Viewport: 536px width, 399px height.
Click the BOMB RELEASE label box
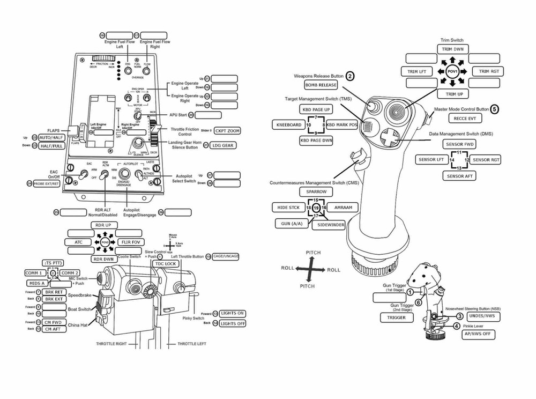click(x=321, y=85)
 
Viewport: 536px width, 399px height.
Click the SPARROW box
click(x=316, y=191)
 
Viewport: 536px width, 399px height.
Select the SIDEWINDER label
click(x=328, y=225)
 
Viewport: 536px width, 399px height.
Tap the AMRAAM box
click(x=343, y=207)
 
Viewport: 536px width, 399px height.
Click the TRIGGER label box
click(x=397, y=317)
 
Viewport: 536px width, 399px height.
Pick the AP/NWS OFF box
click(x=478, y=335)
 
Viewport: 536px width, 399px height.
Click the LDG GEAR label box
click(x=222, y=145)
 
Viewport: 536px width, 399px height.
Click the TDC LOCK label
click(x=166, y=264)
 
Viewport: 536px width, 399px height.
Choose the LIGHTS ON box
click(x=233, y=313)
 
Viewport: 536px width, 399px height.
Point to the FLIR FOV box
click(x=129, y=242)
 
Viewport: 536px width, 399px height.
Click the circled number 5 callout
click(x=494, y=109)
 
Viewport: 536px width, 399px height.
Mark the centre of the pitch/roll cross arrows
click(x=309, y=269)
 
